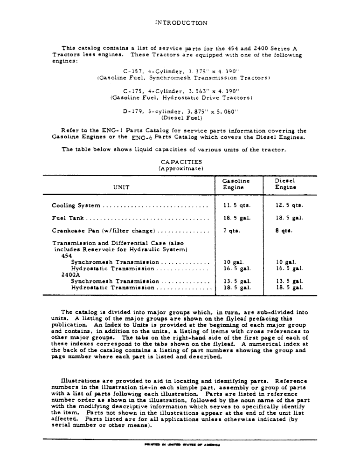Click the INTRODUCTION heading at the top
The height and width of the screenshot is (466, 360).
[x=180, y=22]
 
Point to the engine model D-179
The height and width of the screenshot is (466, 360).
[x=132, y=111]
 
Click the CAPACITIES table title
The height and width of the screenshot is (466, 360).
[x=180, y=162]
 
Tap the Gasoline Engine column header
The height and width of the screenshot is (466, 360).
[x=236, y=184]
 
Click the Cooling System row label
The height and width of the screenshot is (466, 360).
[x=76, y=206]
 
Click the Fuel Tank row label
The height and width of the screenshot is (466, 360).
[x=68, y=218]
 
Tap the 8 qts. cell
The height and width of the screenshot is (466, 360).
[x=284, y=230]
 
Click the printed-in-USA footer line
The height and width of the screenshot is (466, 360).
[x=180, y=445]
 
